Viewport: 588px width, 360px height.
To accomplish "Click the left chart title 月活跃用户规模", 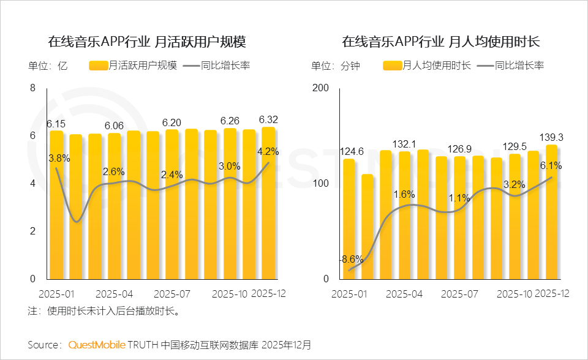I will point(147,42).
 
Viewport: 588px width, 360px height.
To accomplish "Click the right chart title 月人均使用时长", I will point(440,42).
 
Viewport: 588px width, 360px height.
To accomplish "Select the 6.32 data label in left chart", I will point(268,119).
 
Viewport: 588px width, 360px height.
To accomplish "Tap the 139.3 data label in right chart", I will point(551,137).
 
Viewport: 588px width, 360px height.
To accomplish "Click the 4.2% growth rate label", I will point(268,151).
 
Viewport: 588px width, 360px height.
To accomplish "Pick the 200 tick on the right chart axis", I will point(322,88).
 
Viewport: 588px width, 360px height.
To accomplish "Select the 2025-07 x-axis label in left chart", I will point(172,294).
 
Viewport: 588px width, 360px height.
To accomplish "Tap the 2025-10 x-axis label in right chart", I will point(514,294).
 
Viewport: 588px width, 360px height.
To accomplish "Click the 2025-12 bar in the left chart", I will point(268,203).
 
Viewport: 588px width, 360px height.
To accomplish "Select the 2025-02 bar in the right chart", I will point(367,227).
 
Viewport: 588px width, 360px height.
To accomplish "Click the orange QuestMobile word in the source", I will point(97,345).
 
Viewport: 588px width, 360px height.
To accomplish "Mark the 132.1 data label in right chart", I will point(404,143).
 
